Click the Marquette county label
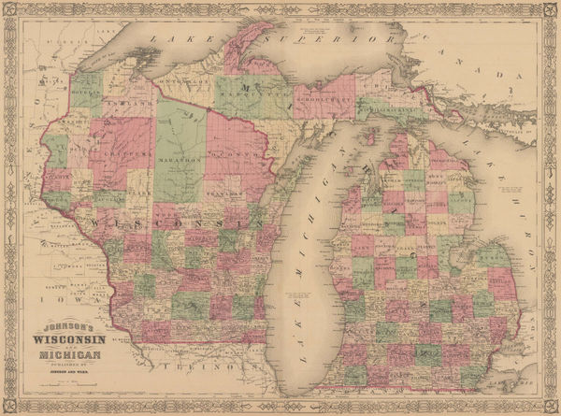coord(252,91)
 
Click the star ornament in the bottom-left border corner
coord(8,408)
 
